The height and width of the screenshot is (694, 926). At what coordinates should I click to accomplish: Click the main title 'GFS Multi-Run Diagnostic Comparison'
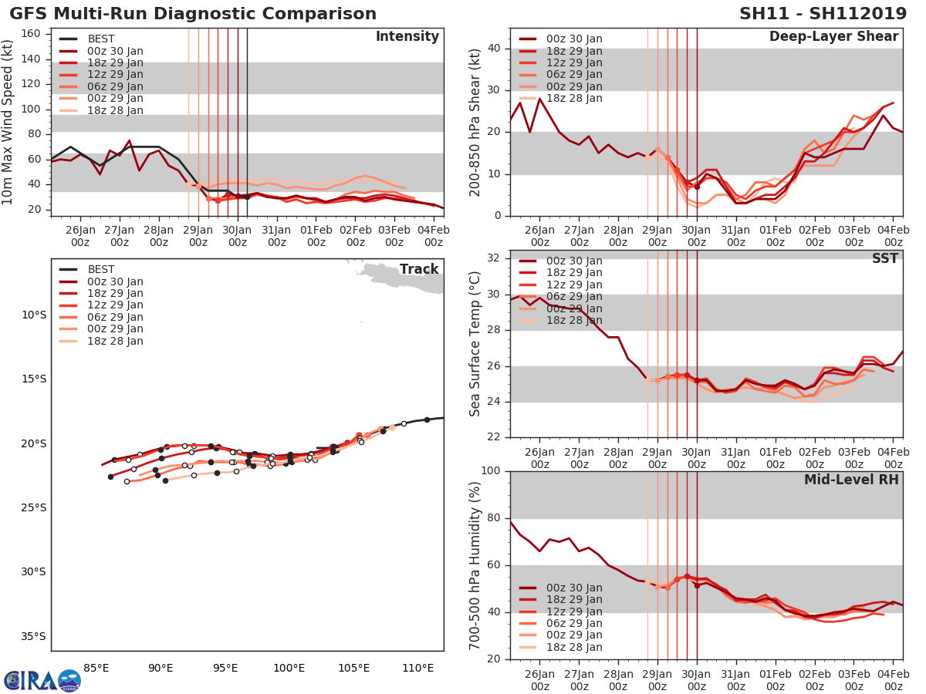click(193, 14)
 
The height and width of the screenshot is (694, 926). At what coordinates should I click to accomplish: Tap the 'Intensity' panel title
click(407, 37)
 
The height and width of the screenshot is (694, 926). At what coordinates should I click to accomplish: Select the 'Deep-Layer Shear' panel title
click(833, 37)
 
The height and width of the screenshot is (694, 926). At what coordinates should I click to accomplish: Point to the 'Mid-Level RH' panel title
click(851, 480)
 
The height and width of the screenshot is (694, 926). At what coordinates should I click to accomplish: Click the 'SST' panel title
click(886, 258)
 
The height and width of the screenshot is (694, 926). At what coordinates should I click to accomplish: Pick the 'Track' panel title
click(418, 269)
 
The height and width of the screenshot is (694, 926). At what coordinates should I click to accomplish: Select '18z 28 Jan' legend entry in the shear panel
click(570, 98)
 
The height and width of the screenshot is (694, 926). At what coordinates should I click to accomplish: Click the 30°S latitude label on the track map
click(34, 571)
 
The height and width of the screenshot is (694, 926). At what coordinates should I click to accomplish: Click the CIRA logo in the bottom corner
click(42, 680)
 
